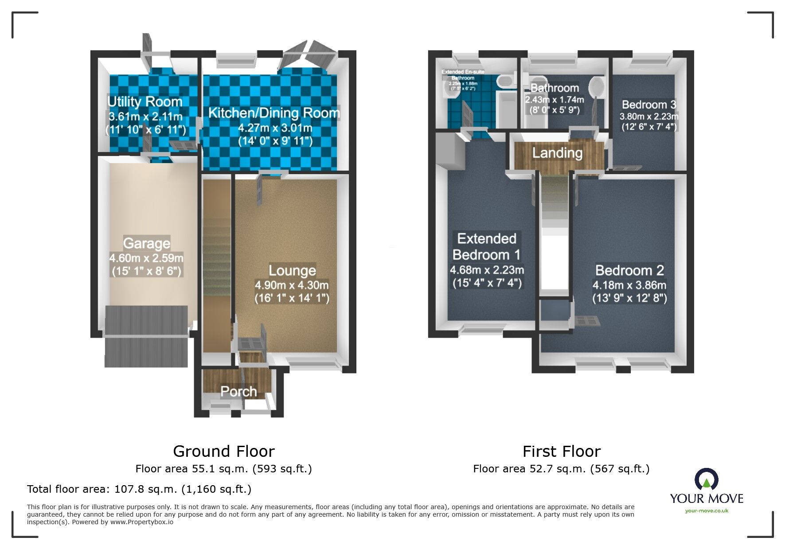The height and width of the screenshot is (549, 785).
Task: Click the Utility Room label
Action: pos(145,101)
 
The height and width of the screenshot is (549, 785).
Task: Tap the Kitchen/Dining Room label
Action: pos(274,113)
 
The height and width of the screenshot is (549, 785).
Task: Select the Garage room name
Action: pos(147,243)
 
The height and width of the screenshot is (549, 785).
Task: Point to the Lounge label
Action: pos(292,270)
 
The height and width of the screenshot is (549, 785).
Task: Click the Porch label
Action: pos(238,391)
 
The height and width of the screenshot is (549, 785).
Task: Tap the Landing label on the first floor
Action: pos(557,153)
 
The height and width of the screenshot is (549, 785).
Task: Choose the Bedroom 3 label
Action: pos(648,105)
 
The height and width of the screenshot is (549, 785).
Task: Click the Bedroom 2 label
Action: pos(629,270)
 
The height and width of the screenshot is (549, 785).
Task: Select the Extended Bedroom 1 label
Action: pos(486,247)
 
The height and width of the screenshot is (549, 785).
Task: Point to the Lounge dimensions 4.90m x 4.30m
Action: pos(292,285)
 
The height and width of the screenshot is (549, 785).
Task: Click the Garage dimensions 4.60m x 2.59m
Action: pos(146,258)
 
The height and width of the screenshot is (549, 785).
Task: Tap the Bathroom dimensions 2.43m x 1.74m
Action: pos(554,100)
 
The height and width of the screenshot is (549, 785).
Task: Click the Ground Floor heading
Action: pos(224,451)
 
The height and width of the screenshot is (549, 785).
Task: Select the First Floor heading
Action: pos(561,451)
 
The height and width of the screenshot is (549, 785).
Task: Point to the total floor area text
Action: pos(139,489)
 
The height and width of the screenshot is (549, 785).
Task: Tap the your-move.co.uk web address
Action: pos(707,511)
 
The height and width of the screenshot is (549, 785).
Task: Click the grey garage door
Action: pos(146,337)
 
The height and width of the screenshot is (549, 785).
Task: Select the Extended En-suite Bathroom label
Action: pos(463,74)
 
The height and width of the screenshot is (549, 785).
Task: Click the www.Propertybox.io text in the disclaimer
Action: pos(142,522)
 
